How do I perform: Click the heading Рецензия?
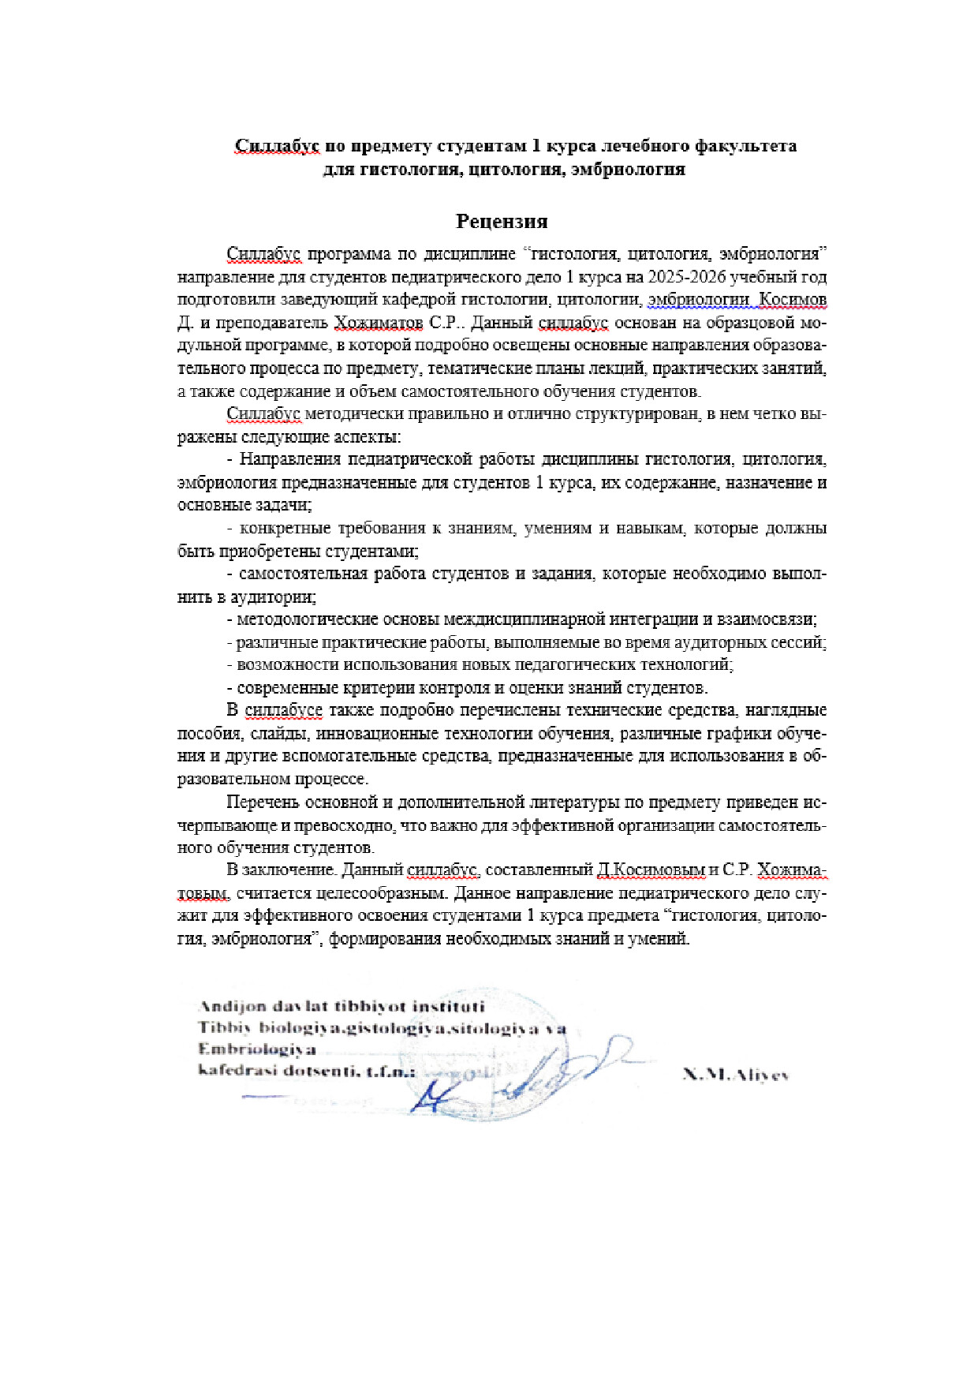tap(502, 221)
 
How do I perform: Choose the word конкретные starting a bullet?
tap(284, 529)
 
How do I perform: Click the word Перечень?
tap(264, 802)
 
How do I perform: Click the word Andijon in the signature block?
tap(231, 1007)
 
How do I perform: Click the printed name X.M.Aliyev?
tap(735, 1075)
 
